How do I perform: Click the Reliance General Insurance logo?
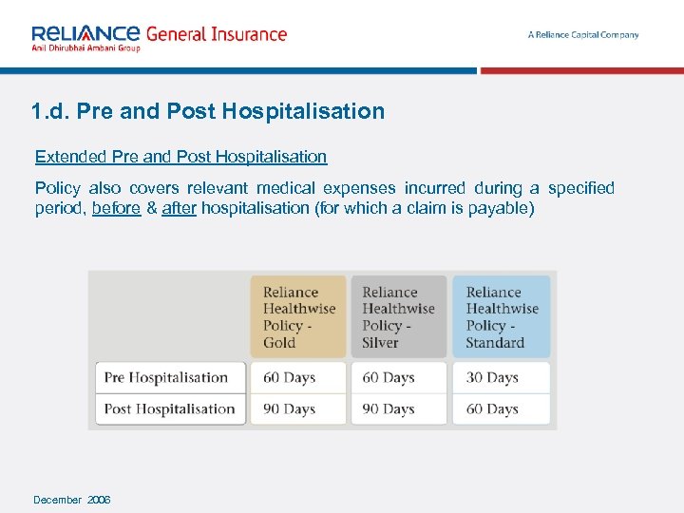click(x=158, y=35)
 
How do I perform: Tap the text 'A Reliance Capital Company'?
click(x=583, y=35)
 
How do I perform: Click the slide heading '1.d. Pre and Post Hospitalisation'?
click(x=207, y=111)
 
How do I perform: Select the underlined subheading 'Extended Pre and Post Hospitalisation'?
click(x=180, y=157)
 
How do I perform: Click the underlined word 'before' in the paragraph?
click(x=116, y=207)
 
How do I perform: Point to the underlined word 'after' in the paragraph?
click(x=179, y=207)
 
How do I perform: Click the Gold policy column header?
click(x=298, y=317)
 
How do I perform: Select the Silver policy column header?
click(x=398, y=317)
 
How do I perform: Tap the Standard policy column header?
click(x=502, y=317)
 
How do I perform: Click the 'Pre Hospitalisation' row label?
click(x=166, y=377)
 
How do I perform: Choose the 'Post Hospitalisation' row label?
click(x=169, y=409)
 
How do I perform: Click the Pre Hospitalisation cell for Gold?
click(x=290, y=377)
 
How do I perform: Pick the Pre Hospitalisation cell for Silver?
click(x=389, y=377)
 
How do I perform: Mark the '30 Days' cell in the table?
click(x=492, y=377)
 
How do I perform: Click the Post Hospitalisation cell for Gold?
click(x=290, y=409)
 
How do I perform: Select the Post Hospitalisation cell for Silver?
click(x=389, y=409)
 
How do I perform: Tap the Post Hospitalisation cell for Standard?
click(x=492, y=409)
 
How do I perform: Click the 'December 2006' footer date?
click(x=72, y=500)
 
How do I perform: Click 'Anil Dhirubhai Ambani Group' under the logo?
click(x=85, y=48)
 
